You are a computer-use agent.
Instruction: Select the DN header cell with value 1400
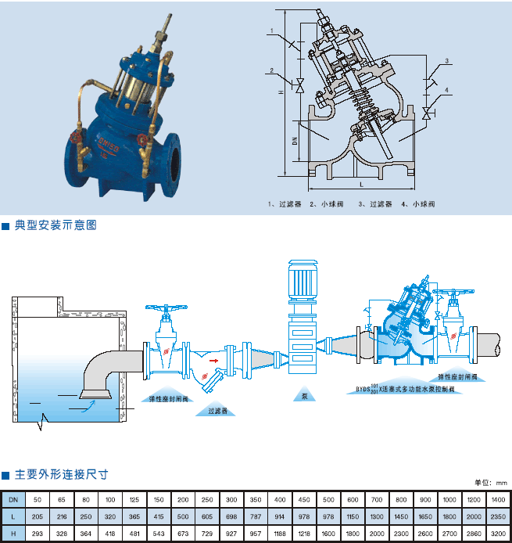pos(498,499)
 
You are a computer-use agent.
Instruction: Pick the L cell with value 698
pos(231,516)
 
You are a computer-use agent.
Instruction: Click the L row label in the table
pos(13,516)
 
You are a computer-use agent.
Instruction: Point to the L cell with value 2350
pos(498,516)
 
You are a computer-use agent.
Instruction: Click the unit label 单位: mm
pos(491,483)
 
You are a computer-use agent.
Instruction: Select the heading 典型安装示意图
pos(55,225)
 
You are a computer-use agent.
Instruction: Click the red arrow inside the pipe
pos(213,361)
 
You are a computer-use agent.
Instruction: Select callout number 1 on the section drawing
pos(270,31)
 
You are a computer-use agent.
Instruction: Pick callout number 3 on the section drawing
pos(446,60)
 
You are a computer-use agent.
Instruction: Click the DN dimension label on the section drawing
pos(295,141)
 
